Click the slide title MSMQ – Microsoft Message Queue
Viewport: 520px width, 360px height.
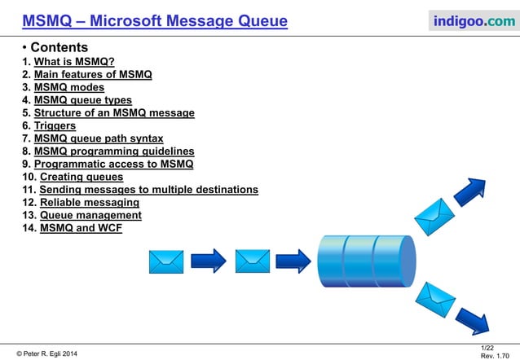[155, 20]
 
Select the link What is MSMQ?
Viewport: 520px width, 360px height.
[73, 62]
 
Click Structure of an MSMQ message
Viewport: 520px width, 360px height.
[114, 113]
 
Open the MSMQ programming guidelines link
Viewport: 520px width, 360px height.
[114, 151]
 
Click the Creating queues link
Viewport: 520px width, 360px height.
[82, 177]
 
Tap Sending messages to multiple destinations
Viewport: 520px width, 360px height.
[149, 189]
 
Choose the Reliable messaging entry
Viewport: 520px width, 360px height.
[90, 202]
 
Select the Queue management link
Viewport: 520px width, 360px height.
[90, 215]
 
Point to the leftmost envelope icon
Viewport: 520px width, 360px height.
[166, 261]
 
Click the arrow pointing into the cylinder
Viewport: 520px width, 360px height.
[293, 261]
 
